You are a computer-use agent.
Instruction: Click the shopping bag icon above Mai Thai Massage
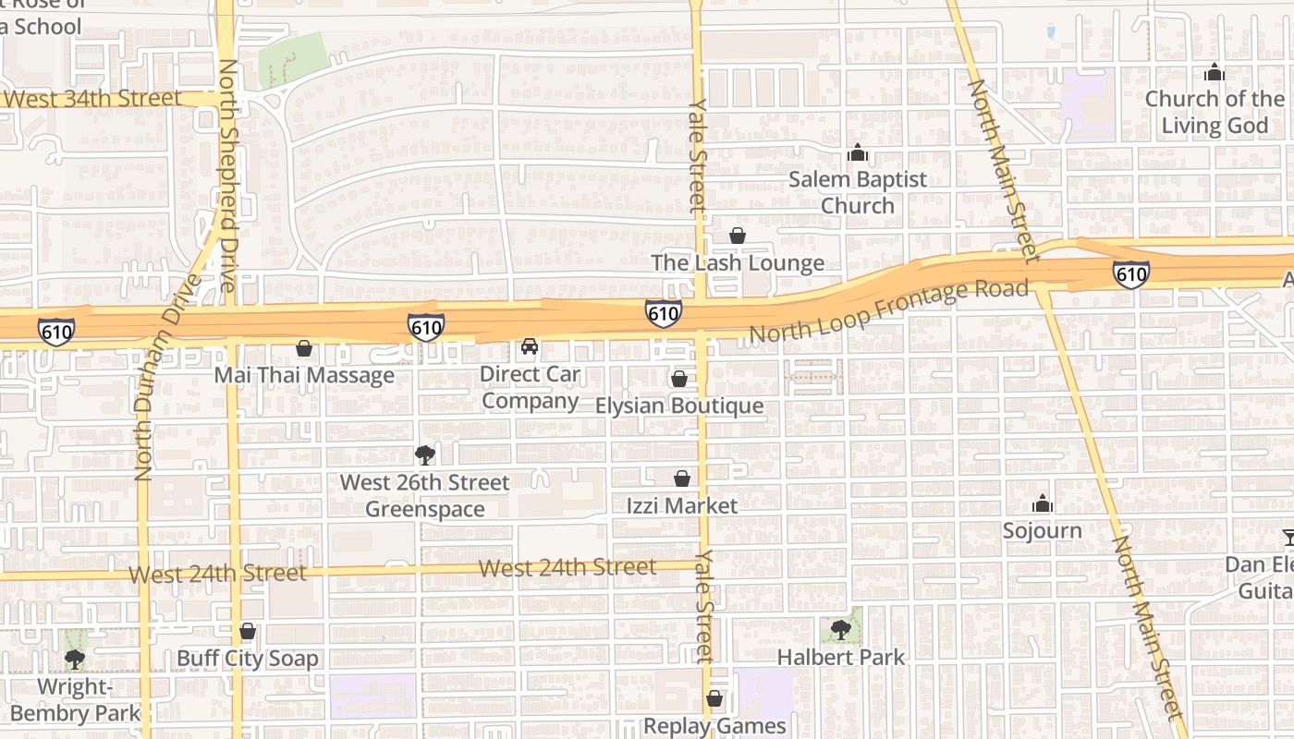(303, 349)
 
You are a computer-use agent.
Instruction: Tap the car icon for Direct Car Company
(530, 346)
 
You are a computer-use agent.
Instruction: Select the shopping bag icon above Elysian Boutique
(679, 379)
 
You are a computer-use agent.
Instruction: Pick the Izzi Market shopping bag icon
(682, 479)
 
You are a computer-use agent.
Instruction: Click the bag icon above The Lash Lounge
(738, 236)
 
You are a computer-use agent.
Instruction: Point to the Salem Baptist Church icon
(858, 152)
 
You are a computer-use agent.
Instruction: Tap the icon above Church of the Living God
(1215, 72)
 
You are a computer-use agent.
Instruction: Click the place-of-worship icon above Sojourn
(1043, 503)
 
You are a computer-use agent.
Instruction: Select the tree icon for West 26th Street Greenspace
(425, 454)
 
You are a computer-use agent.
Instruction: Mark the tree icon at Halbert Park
(841, 630)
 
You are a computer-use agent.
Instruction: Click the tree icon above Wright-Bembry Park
(75, 660)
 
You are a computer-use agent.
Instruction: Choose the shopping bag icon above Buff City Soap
(247, 632)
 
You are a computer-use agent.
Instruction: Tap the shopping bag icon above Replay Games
(714, 699)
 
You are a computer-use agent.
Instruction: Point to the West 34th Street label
(92, 98)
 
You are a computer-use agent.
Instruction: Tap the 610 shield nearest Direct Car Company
(426, 326)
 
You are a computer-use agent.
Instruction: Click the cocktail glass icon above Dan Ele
(1288, 537)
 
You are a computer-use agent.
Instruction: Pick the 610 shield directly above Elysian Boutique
(664, 314)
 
